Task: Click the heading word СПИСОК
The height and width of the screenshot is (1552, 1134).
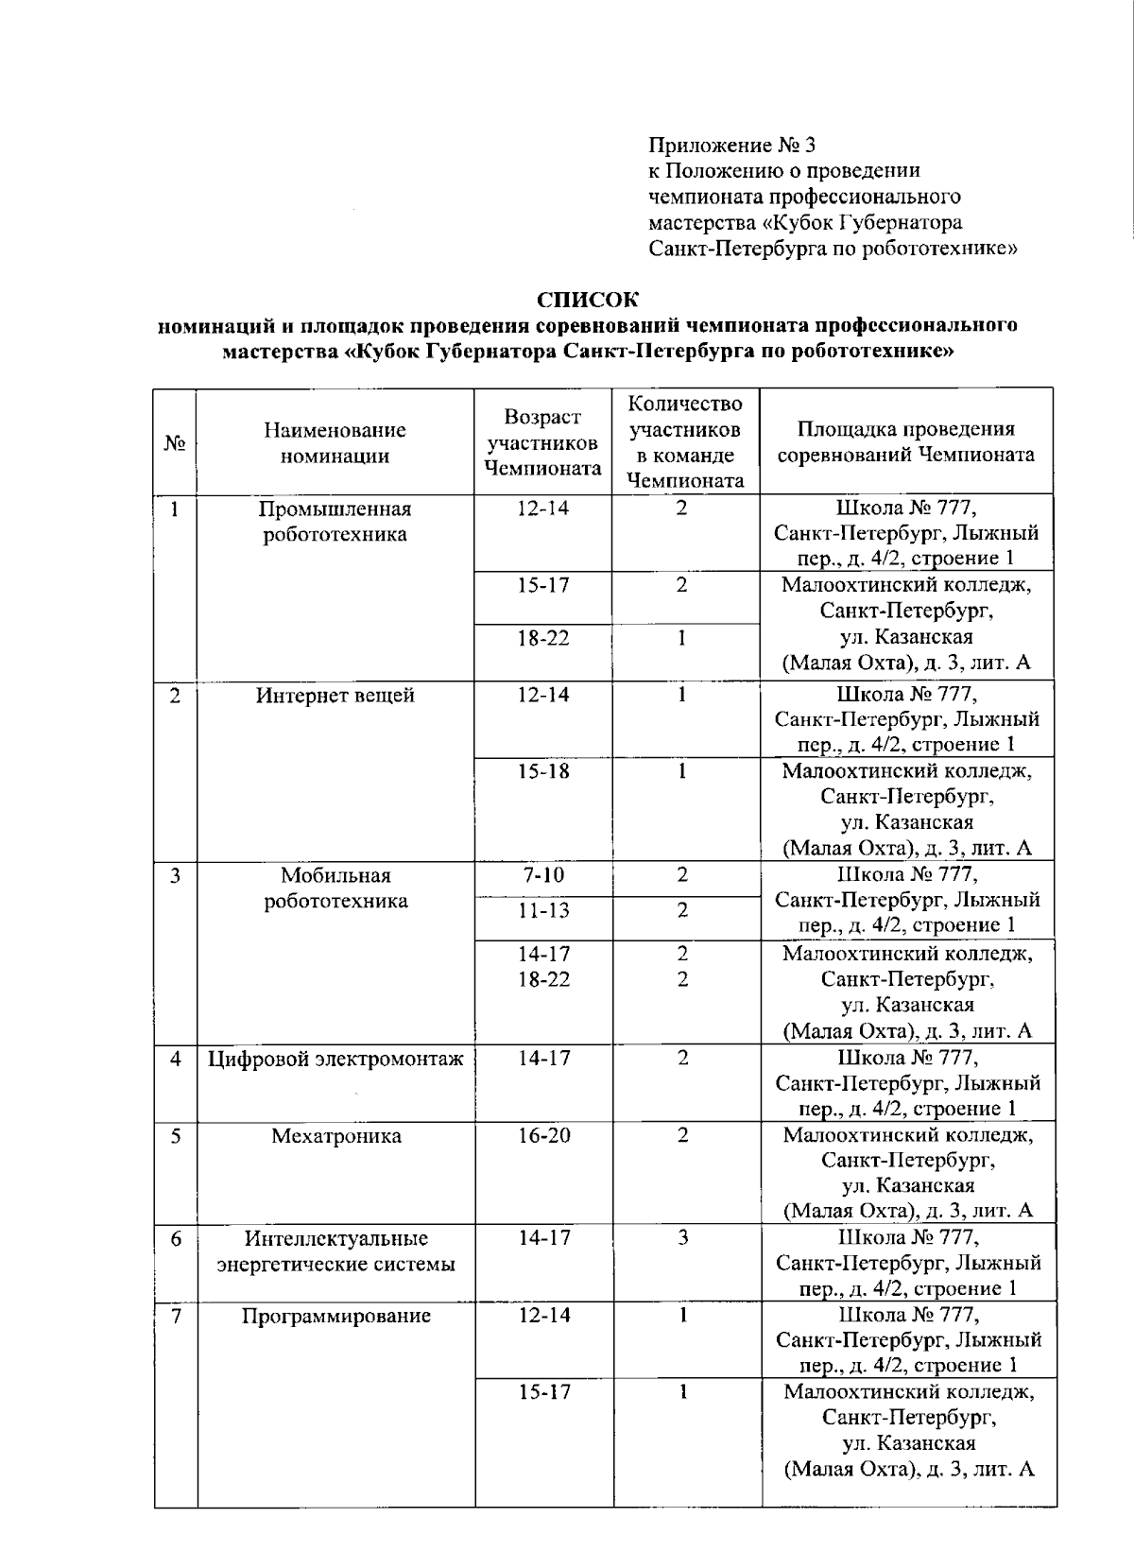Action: click(x=587, y=301)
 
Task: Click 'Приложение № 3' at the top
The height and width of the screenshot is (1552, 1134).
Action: click(x=730, y=146)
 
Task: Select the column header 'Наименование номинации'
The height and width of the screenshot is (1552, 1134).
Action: click(x=335, y=442)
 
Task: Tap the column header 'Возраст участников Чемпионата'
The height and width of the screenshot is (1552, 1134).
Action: click(x=542, y=442)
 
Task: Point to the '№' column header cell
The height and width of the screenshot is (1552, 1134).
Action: click(x=175, y=442)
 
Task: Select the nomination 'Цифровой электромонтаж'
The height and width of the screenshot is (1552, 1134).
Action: click(x=335, y=1059)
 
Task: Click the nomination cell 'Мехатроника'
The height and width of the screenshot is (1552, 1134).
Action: click(x=335, y=1136)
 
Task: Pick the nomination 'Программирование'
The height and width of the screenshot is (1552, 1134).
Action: click(x=335, y=1316)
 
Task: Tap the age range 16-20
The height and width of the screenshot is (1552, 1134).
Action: click(x=543, y=1136)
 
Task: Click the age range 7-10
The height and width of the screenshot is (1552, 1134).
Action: click(x=543, y=875)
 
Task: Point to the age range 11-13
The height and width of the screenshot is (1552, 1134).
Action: click(x=543, y=911)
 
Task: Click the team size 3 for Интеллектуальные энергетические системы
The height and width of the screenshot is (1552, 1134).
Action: click(x=683, y=1238)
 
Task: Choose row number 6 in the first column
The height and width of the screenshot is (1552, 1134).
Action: click(x=176, y=1238)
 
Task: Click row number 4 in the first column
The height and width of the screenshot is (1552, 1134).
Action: click(x=176, y=1059)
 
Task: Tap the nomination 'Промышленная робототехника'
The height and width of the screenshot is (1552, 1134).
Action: click(x=335, y=522)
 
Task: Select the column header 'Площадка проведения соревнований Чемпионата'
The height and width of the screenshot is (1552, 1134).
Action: click(x=905, y=442)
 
